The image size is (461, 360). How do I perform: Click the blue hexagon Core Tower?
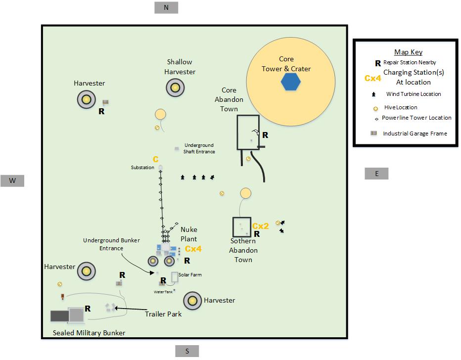290,82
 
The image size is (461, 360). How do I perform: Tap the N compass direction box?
166,7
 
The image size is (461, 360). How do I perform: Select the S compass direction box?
187,351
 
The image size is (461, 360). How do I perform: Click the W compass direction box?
12,180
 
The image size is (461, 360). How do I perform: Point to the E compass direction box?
376,174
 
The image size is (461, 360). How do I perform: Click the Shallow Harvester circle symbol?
175,88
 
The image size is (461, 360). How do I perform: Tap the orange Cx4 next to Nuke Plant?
193,249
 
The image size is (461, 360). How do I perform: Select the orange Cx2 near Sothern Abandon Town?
261,226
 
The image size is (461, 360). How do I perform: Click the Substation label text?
142,168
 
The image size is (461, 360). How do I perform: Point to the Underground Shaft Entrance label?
199,148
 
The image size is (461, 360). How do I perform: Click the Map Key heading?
409,52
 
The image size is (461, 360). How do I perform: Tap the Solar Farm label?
190,275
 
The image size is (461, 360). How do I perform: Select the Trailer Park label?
163,314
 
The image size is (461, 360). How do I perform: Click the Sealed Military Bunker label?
89,333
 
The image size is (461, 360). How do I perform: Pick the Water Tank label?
163,292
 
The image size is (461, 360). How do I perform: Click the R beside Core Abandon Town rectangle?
265,135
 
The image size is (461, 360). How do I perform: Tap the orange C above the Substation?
155,159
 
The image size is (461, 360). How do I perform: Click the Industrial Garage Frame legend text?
415,134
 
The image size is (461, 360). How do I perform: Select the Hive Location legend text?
401,107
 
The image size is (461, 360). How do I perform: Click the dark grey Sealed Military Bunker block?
60,316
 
